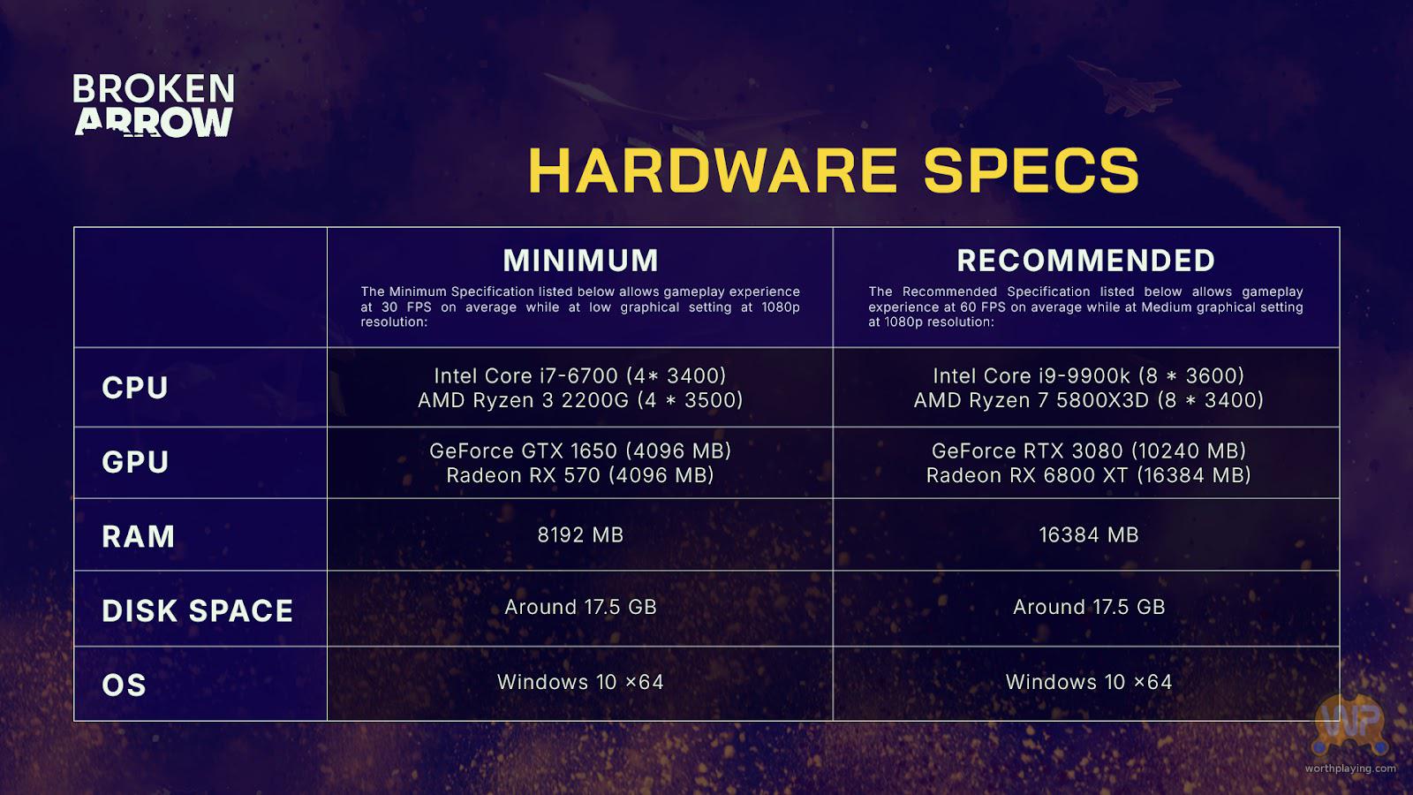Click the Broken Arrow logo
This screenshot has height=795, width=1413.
(x=154, y=105)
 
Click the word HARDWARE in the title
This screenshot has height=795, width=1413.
(x=713, y=170)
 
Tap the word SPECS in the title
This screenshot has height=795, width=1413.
(x=1031, y=170)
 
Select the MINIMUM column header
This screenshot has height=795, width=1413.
(x=580, y=261)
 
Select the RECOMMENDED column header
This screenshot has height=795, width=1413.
(x=1085, y=261)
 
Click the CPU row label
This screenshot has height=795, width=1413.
(x=135, y=388)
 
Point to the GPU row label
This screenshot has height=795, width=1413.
(x=135, y=462)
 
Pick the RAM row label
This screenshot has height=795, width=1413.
(x=138, y=536)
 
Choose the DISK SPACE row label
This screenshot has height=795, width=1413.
(x=198, y=610)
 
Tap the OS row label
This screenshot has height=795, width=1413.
(x=124, y=685)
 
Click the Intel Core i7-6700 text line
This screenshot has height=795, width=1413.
(x=579, y=376)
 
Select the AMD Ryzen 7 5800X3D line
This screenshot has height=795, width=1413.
(x=1088, y=400)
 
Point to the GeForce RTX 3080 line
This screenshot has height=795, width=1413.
(x=1089, y=451)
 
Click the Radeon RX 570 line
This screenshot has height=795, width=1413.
(x=579, y=475)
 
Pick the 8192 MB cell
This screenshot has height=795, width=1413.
(x=580, y=535)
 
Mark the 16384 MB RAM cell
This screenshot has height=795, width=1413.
(x=1089, y=535)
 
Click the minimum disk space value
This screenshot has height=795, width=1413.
(x=580, y=607)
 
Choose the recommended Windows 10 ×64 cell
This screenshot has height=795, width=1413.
(x=1089, y=682)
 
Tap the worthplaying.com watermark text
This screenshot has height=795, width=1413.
(x=1350, y=768)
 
